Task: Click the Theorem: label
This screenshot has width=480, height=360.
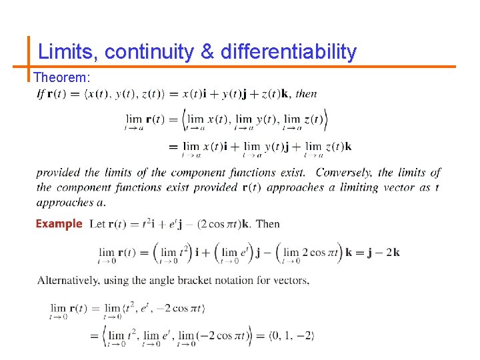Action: pos(61,78)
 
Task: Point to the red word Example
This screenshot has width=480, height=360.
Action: pos(59,224)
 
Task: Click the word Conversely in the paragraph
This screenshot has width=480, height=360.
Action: pos(345,173)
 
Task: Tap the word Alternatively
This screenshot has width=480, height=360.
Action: pos(69,280)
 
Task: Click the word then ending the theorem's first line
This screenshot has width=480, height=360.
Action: pos(306,94)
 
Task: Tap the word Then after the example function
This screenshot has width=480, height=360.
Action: pos(267,224)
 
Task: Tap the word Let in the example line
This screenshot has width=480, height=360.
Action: pos(97,224)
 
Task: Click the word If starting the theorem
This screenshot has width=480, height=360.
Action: pos(41,94)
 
